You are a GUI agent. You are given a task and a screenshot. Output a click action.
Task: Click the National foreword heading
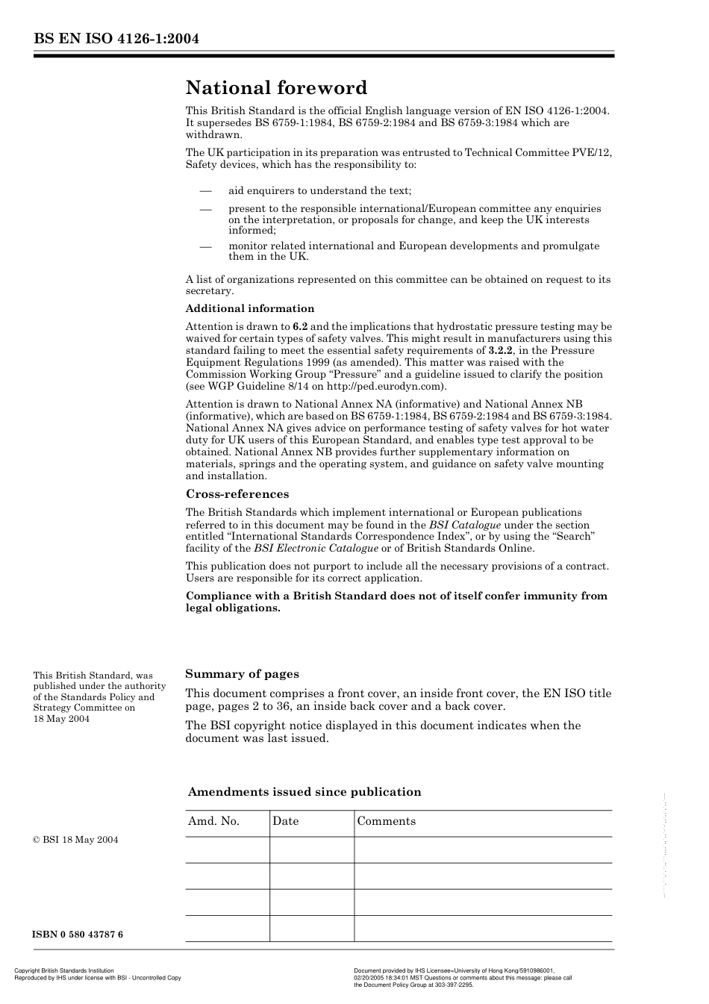276,88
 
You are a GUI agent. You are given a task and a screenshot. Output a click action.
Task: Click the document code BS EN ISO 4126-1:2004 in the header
116,39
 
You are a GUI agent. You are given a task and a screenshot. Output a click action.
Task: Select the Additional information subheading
250,308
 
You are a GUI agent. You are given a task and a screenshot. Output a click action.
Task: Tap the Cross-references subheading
237,494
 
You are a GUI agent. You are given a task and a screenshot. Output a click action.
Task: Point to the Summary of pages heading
242,674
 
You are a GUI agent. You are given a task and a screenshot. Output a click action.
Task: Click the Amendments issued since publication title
304,792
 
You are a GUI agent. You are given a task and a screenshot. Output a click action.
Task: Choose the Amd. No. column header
213,821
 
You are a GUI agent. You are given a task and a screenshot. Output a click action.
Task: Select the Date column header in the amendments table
285,821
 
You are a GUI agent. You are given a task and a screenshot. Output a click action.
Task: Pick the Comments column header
387,821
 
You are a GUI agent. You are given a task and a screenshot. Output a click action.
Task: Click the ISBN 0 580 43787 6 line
78,935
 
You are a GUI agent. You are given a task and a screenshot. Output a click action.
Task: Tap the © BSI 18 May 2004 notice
75,840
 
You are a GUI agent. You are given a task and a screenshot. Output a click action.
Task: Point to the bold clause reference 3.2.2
501,350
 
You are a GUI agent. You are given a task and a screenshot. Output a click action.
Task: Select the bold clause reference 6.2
300,326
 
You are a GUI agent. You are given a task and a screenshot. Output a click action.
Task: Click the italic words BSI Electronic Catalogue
316,548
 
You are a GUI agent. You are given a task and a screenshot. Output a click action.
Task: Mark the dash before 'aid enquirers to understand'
206,190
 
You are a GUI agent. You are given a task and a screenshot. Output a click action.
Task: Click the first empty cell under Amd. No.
227,849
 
